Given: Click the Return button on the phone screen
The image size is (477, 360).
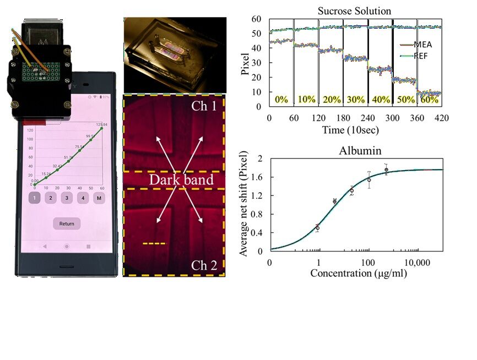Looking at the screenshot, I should pyautogui.click(x=67, y=223).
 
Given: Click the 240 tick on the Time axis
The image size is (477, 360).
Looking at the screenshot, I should pyautogui.click(x=367, y=118).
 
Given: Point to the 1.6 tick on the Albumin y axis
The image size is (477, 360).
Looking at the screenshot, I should pyautogui.click(x=256, y=177).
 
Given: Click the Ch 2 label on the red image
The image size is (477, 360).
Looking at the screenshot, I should pyautogui.click(x=204, y=266).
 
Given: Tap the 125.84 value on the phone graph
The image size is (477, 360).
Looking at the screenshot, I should pyautogui.click(x=101, y=124).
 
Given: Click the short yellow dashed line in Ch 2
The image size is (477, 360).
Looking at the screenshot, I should pyautogui.click(x=154, y=243).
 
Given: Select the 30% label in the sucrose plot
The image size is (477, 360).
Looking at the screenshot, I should pyautogui.click(x=355, y=100).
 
